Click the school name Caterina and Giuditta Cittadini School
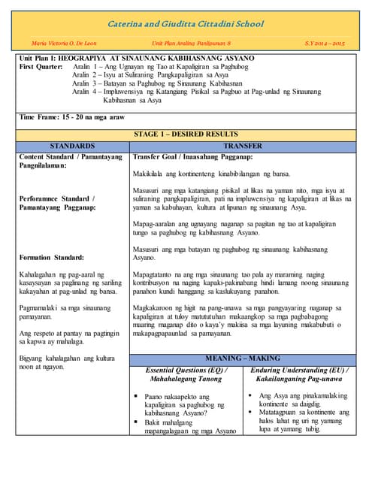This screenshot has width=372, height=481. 186,25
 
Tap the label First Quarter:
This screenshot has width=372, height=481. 44,67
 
